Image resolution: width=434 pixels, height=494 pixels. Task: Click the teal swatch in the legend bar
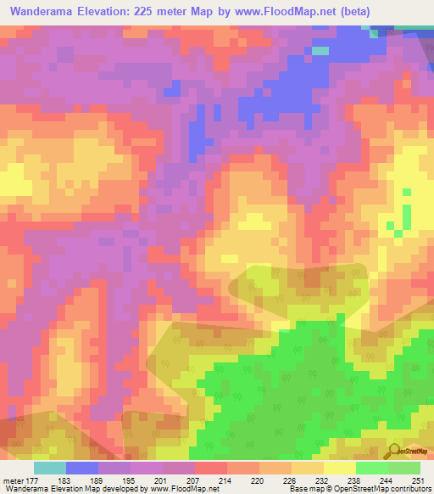(x=50, y=468)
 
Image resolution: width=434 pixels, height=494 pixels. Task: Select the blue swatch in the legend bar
(x=82, y=468)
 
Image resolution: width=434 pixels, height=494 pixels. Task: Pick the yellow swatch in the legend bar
(x=340, y=468)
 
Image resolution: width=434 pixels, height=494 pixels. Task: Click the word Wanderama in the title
(x=43, y=12)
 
